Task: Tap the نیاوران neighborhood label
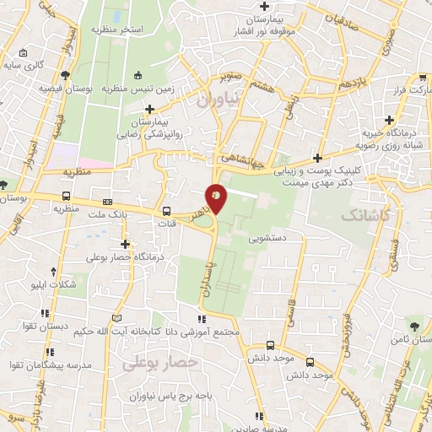219,99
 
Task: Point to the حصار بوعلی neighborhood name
159,363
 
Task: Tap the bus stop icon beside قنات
165,212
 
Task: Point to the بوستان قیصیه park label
64,88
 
